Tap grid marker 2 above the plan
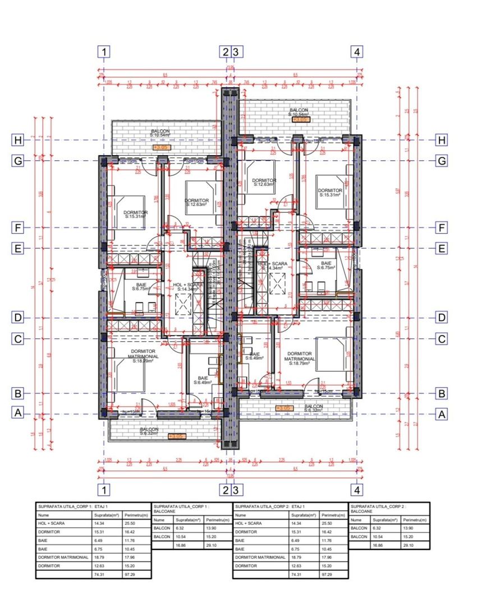(x=225, y=52)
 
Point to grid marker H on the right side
(x=442, y=140)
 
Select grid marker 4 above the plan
(x=357, y=52)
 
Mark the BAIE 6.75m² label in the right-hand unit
(x=325, y=265)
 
